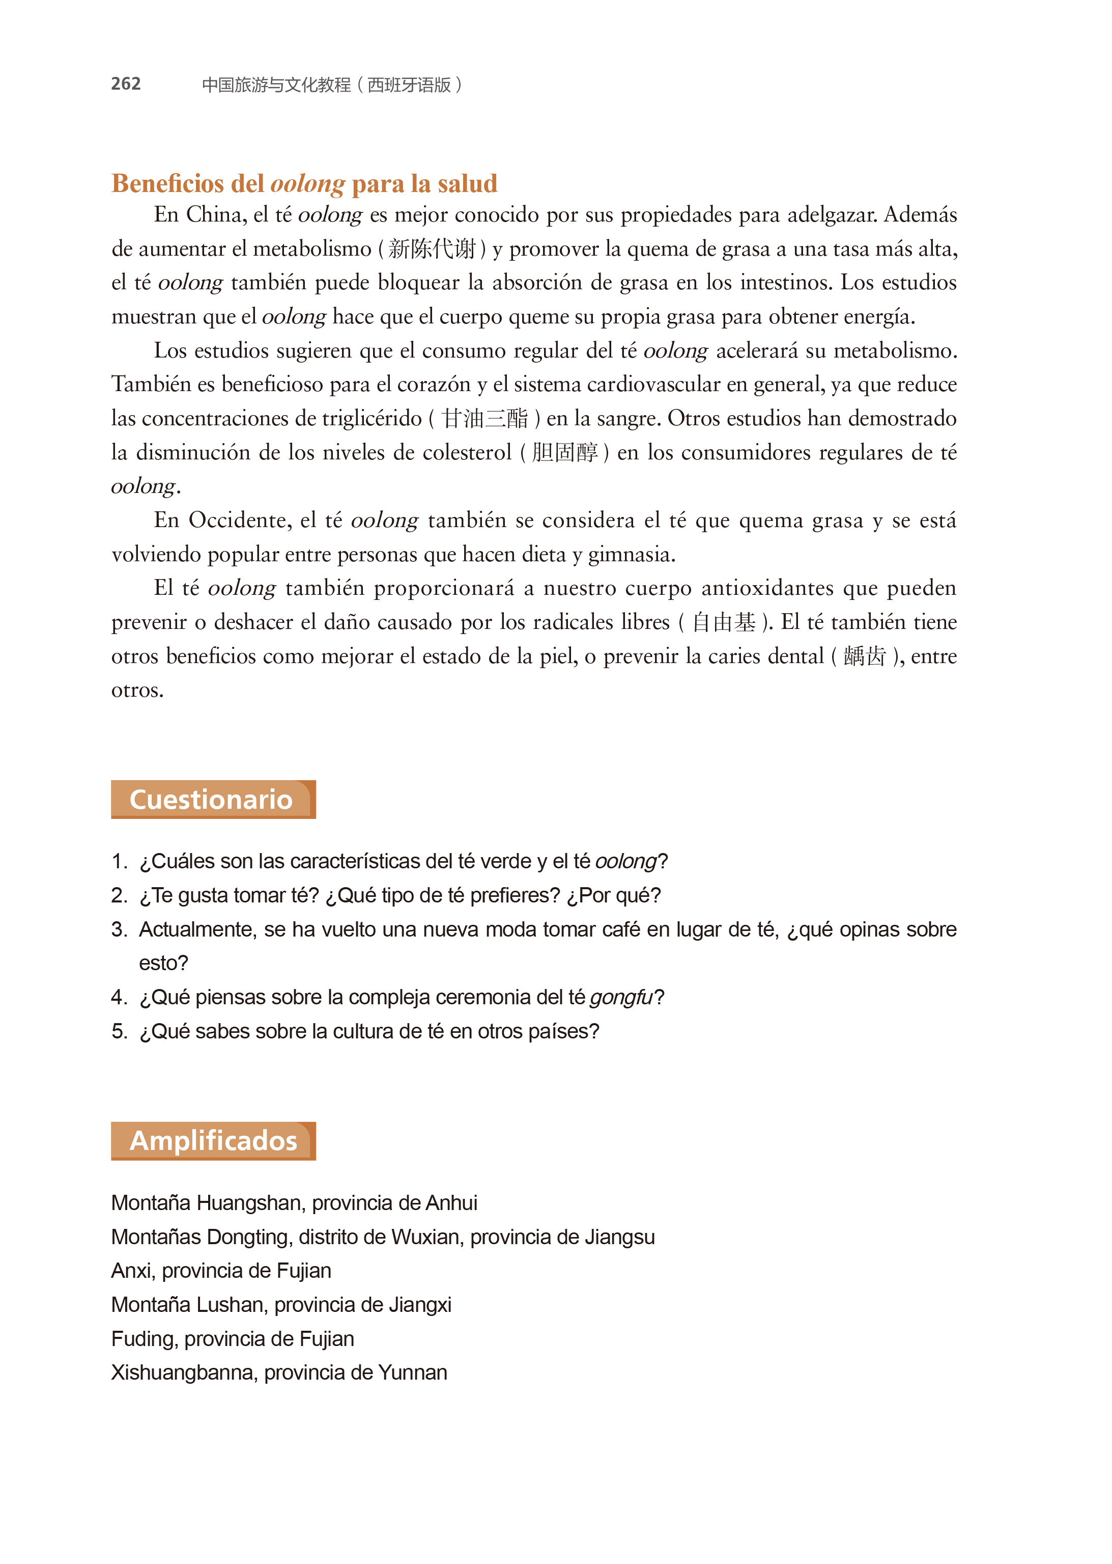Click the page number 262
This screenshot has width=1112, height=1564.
126,84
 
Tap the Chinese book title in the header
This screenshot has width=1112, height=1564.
332,85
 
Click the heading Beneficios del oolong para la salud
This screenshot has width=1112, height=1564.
304,184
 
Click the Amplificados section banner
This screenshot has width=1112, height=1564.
212,1141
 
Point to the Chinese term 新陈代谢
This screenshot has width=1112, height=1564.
432,249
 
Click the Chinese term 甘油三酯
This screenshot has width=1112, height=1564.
485,418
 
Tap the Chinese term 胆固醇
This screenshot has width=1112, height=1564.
564,452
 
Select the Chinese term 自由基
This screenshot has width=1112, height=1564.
724,622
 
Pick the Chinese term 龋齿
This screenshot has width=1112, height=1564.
865,656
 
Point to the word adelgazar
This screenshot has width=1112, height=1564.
832,215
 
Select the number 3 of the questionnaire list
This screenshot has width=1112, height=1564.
119,929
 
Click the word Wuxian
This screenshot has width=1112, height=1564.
425,1237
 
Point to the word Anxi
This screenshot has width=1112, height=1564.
133,1271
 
